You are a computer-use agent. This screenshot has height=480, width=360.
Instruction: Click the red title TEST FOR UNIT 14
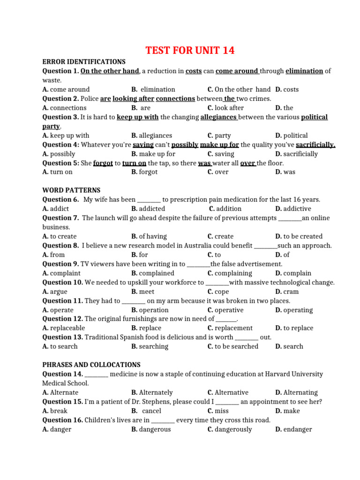coord(190,51)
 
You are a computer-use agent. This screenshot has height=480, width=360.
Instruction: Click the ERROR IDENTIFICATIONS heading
coord(84,61)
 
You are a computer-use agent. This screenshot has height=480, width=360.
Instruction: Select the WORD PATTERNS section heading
coord(71,190)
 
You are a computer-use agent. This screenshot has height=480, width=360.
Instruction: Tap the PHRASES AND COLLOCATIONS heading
coord(91,365)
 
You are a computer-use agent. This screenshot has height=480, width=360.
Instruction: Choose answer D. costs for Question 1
coord(287,89)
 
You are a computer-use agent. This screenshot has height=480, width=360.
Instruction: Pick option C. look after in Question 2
coord(225,108)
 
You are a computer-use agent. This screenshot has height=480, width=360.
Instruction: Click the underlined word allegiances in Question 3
coord(219,117)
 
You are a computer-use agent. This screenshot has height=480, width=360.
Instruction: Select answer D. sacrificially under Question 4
coord(296,154)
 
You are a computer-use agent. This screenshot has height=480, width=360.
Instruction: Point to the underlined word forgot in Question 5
coord(103,163)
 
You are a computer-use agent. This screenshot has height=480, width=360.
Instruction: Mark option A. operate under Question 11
coord(58,310)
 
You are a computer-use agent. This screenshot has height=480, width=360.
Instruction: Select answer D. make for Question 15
coord(287,411)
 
